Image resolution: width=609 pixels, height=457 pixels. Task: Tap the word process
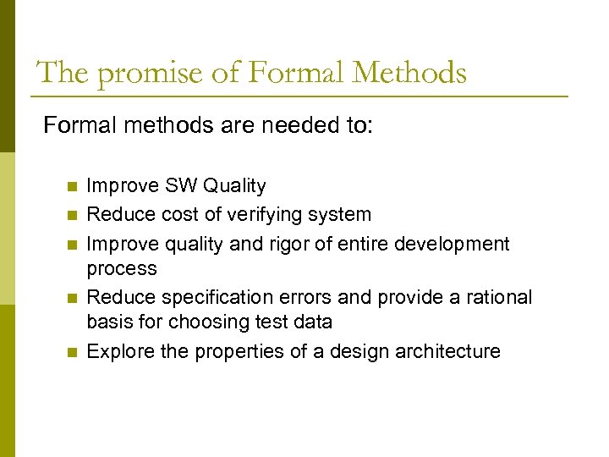click(122, 269)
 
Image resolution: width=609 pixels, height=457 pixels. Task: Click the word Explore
click(118, 351)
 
